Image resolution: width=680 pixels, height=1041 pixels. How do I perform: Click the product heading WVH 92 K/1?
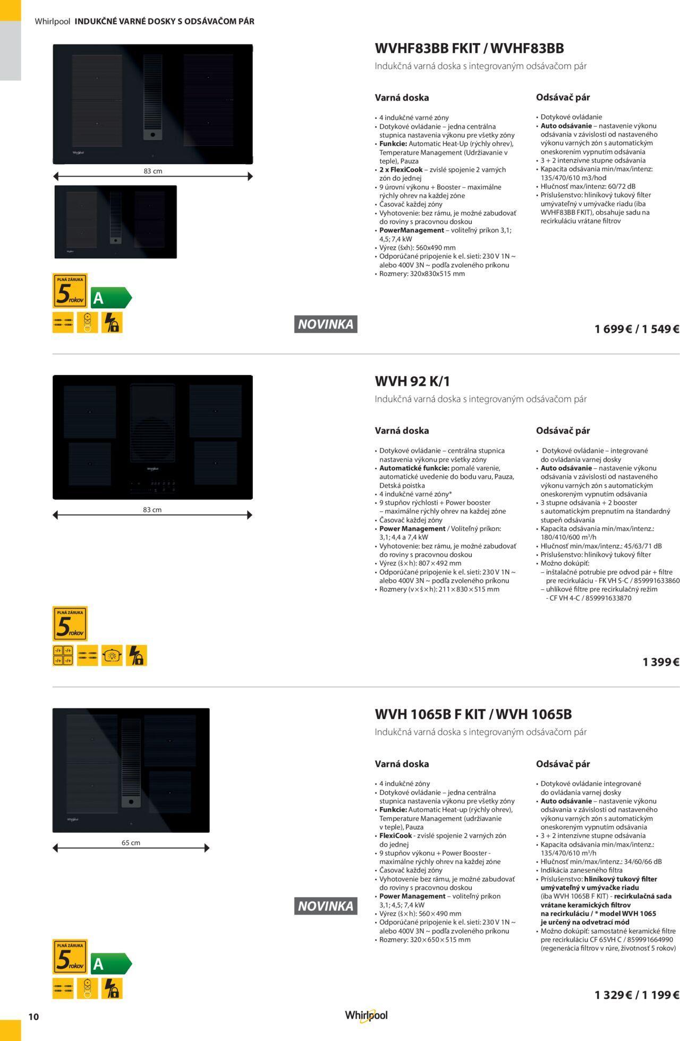(x=412, y=381)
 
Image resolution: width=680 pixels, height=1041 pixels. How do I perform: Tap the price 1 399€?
(x=661, y=662)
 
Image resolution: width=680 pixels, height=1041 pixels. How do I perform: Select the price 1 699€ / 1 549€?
(x=637, y=329)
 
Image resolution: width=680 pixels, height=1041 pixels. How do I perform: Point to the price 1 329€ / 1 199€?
(x=637, y=995)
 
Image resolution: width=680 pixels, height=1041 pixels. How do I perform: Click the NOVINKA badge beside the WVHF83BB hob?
(x=326, y=324)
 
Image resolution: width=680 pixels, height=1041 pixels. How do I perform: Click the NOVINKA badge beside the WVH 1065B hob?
(x=326, y=906)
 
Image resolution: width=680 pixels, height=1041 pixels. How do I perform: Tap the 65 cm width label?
(x=131, y=842)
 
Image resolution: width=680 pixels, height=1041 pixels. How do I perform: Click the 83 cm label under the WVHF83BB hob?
(x=153, y=171)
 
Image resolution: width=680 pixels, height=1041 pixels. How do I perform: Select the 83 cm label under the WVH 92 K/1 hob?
(x=152, y=510)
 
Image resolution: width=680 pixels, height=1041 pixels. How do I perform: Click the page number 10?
(x=33, y=1017)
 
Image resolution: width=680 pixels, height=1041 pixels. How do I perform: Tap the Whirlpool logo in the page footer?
(x=366, y=1015)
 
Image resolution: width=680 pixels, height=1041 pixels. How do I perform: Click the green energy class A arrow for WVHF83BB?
(x=111, y=298)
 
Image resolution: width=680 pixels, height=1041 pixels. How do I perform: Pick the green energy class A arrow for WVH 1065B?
(x=111, y=964)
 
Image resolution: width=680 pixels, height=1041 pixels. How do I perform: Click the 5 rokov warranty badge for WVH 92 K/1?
(x=70, y=623)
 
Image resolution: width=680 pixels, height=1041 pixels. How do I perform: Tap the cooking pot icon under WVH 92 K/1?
(x=112, y=655)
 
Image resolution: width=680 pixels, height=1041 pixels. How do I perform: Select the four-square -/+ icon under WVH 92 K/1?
(x=63, y=655)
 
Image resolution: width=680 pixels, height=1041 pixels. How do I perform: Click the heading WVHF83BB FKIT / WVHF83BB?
(x=469, y=48)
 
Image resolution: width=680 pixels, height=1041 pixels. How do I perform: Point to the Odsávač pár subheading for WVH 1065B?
(x=563, y=764)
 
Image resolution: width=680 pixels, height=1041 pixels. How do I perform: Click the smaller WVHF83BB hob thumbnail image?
(x=116, y=222)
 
